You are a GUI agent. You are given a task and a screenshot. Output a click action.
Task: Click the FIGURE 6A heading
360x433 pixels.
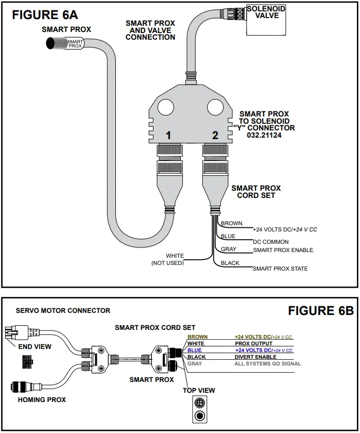tap(45, 15)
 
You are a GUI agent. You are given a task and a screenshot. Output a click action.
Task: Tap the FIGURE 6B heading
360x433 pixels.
tap(321, 311)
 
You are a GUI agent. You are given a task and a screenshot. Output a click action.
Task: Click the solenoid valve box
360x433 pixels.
tap(266, 20)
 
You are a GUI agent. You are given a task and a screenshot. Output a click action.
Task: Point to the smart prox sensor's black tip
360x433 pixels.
tap(50, 43)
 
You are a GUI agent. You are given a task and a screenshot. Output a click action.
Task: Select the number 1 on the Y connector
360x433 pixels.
tap(168, 135)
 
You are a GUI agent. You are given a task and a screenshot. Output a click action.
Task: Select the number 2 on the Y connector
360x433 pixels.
tap(215, 135)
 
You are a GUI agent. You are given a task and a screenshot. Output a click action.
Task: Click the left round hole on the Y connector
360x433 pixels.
tap(165, 107)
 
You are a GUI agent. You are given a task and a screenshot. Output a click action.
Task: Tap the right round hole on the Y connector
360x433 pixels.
tap(215, 107)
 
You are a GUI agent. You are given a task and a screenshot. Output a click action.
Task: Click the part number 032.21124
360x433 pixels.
tap(264, 135)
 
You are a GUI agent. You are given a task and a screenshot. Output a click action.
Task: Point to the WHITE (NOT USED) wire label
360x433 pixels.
tap(168, 259)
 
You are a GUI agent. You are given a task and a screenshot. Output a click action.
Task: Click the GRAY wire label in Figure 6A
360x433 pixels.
tap(229, 249)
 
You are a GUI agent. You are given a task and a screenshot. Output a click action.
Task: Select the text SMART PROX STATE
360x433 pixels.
tap(280, 269)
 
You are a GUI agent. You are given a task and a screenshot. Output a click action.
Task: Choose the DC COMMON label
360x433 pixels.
tap(271, 242)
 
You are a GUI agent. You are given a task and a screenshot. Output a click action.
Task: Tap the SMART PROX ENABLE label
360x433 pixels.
tap(283, 250)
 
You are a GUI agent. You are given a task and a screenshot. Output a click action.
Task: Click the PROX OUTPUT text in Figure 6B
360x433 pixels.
tap(253, 343)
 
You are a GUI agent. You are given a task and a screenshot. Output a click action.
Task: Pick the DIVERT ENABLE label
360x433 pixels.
tap(255, 357)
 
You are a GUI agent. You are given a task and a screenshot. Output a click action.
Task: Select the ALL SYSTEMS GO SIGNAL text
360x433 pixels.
tap(268, 364)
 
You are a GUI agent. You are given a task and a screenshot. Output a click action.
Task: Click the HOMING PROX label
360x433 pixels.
tap(42, 399)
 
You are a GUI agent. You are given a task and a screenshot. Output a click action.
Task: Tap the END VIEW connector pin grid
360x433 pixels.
tap(27, 362)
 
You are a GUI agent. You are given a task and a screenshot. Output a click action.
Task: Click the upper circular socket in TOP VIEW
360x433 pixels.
tap(199, 403)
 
